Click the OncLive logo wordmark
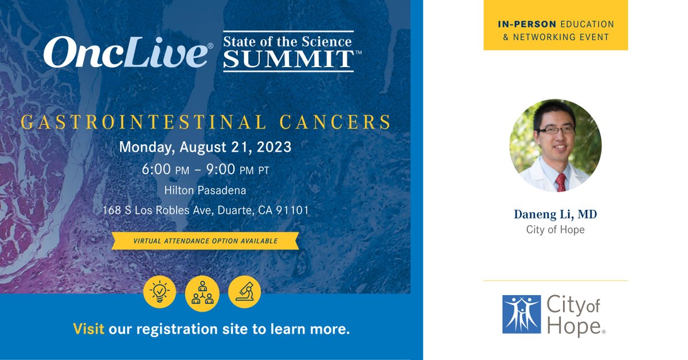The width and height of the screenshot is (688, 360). (126, 53)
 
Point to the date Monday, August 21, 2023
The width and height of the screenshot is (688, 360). (205, 147)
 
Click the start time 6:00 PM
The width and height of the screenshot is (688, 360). (169, 171)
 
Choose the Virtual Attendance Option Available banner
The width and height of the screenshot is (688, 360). (205, 241)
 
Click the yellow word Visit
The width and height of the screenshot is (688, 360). (88, 330)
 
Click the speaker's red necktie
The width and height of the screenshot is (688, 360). (560, 182)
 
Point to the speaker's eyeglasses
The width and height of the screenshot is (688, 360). (554, 130)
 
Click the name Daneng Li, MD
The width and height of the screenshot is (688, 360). (555, 214)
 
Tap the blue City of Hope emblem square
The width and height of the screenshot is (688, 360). (521, 314)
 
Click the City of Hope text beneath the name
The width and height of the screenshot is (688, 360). (555, 230)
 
